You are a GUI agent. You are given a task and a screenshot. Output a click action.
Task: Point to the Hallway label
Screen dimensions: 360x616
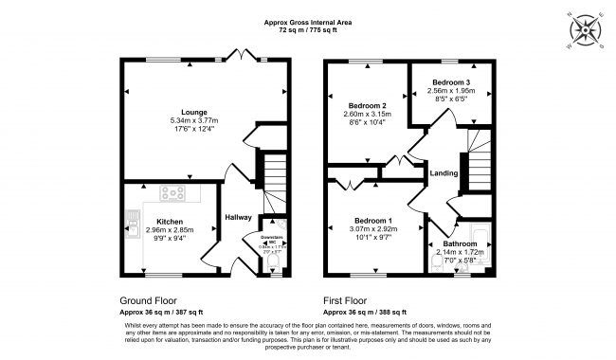[238, 218]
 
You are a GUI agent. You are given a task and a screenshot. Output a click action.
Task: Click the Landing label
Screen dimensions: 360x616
[444, 173]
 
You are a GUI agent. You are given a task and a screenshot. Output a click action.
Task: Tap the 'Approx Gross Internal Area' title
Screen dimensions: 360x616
[307, 21]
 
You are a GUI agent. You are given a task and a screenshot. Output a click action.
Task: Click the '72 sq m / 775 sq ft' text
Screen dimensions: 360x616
[307, 30]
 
